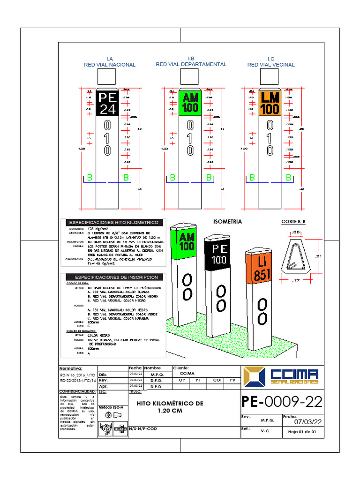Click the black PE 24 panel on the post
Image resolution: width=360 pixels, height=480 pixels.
click(x=107, y=103)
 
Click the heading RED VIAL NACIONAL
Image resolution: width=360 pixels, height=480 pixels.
click(x=110, y=65)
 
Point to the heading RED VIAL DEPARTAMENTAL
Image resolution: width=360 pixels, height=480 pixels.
click(x=191, y=64)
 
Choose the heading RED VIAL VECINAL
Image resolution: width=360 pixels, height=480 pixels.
click(x=271, y=65)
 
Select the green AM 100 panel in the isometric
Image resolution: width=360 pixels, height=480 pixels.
click(x=187, y=241)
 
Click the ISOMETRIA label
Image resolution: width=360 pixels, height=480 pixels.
click(x=227, y=221)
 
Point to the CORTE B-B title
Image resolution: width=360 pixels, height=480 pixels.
click(x=293, y=221)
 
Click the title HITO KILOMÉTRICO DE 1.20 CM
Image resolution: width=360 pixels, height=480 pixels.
click(x=170, y=407)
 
